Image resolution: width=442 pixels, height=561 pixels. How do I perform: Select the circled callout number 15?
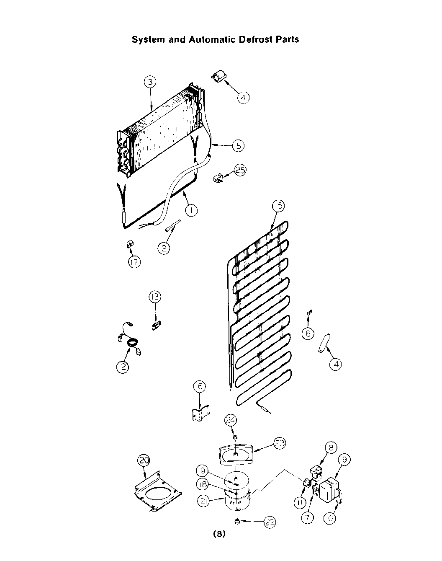click(278, 206)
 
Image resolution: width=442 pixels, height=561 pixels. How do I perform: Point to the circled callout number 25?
click(240, 171)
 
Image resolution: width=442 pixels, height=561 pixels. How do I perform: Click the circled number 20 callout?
click(144, 460)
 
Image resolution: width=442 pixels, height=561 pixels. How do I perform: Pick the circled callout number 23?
click(280, 443)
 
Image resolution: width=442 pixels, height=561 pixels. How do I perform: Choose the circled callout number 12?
click(123, 367)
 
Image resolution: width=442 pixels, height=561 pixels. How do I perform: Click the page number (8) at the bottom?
click(219, 534)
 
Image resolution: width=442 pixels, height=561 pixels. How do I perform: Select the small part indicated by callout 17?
click(130, 244)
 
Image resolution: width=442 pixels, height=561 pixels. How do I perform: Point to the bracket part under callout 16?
click(200, 412)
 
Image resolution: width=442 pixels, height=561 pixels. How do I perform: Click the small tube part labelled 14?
click(324, 344)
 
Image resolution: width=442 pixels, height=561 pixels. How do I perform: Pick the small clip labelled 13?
click(157, 326)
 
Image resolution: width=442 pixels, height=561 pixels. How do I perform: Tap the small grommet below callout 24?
click(235, 437)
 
